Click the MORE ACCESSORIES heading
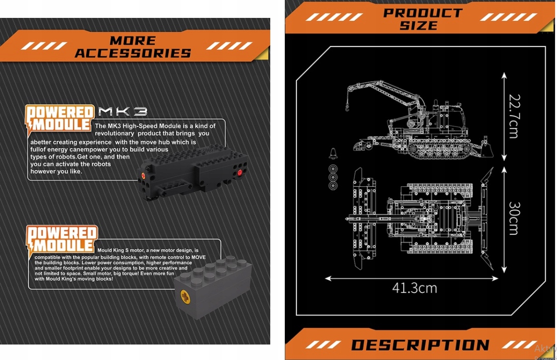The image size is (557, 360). (133, 47)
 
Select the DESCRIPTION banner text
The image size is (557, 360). (420, 345)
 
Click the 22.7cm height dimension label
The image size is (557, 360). (514, 116)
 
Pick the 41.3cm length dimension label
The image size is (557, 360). (414, 288)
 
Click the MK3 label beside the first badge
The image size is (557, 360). (122, 112)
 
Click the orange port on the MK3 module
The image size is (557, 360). (143, 175)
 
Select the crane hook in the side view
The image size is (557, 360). (347, 105)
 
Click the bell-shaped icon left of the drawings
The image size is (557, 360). (333, 154)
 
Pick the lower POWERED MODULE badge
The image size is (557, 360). (61, 239)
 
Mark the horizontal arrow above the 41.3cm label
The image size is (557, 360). (411, 278)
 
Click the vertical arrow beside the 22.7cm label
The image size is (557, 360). (504, 116)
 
